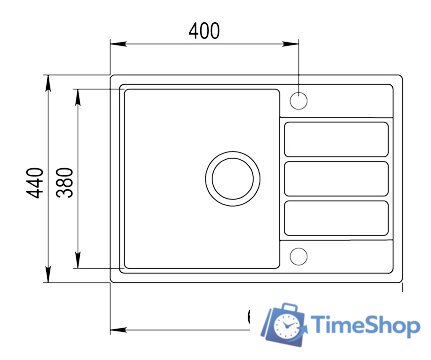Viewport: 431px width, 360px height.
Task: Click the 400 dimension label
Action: pyautogui.click(x=204, y=30)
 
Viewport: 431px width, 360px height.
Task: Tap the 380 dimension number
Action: pyautogui.click(x=64, y=181)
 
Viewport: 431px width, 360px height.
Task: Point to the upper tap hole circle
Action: pyautogui.click(x=299, y=100)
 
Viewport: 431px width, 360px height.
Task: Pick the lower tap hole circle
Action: pyautogui.click(x=299, y=256)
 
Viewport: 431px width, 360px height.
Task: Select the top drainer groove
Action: pyautogui.click(x=336, y=139)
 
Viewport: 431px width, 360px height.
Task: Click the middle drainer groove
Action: pyautogui.click(x=336, y=179)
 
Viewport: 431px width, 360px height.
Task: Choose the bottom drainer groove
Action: pyautogui.click(x=336, y=218)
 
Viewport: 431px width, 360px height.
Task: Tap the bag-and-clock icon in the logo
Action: pyautogui.click(x=284, y=325)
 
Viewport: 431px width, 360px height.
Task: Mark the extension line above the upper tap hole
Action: pyautogui.click(x=299, y=65)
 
